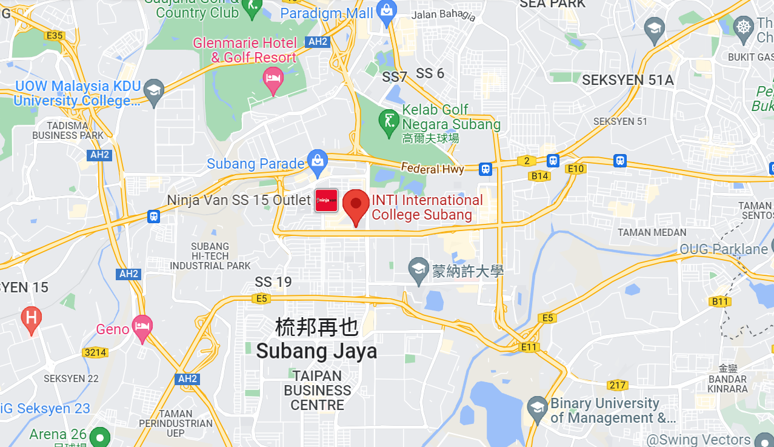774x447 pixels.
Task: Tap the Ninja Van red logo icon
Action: point(326,200)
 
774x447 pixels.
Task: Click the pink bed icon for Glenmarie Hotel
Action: point(273,78)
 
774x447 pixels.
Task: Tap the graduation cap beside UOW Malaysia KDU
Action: point(155,91)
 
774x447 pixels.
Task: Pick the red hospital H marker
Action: point(31,317)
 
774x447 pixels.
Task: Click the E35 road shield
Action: point(55,36)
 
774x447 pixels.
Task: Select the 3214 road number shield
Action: point(95,352)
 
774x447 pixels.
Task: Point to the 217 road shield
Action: point(618,385)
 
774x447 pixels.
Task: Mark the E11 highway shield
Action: point(529,347)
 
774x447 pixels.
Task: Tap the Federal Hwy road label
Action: point(433,169)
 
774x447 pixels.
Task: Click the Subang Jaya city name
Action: point(316,351)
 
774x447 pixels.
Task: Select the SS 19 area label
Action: point(273,282)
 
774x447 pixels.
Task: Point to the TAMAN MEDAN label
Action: point(652,232)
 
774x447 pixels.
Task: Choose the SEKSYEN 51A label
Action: point(628,80)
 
